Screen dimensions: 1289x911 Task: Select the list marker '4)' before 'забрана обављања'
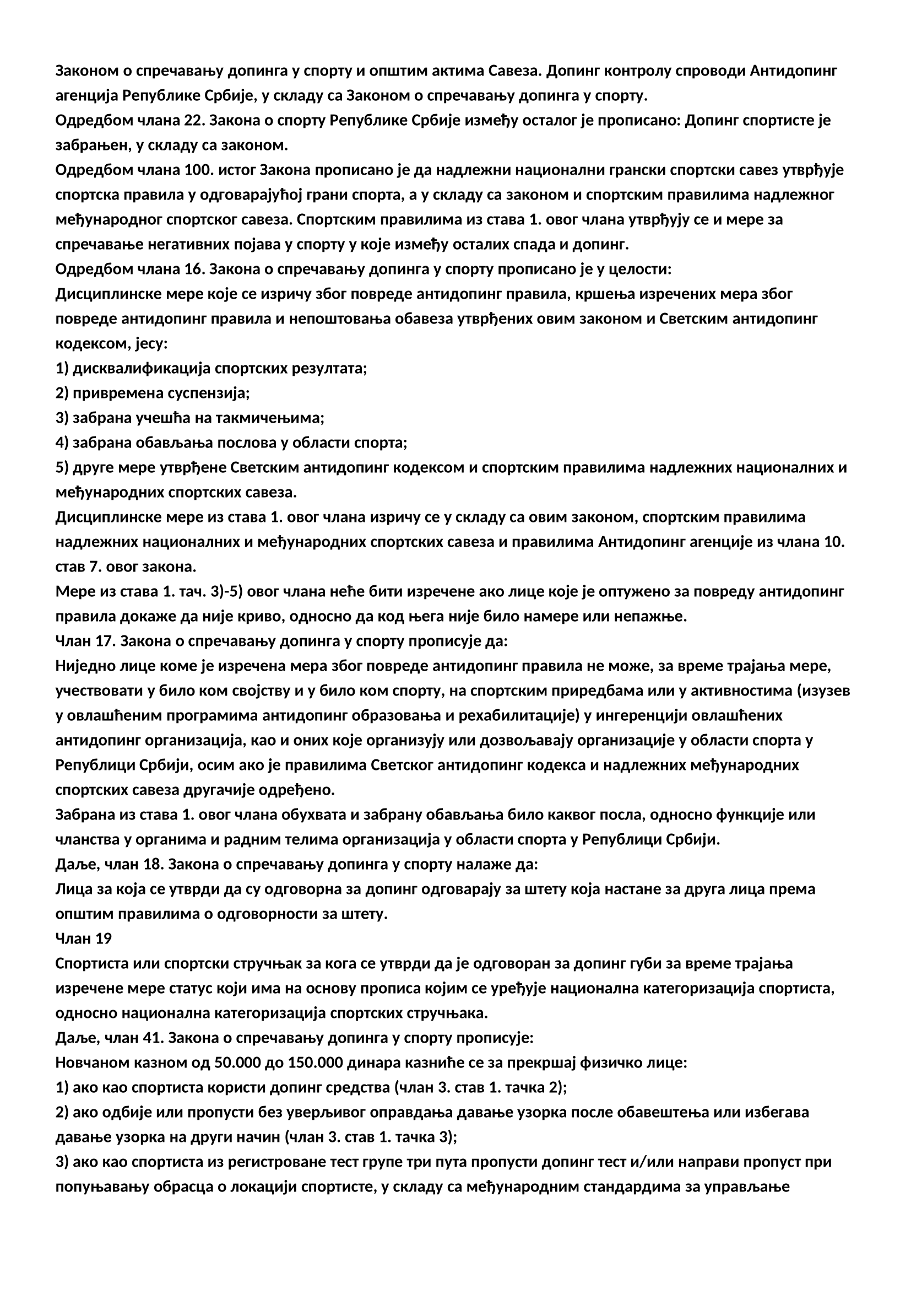pyautogui.click(x=62, y=443)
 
